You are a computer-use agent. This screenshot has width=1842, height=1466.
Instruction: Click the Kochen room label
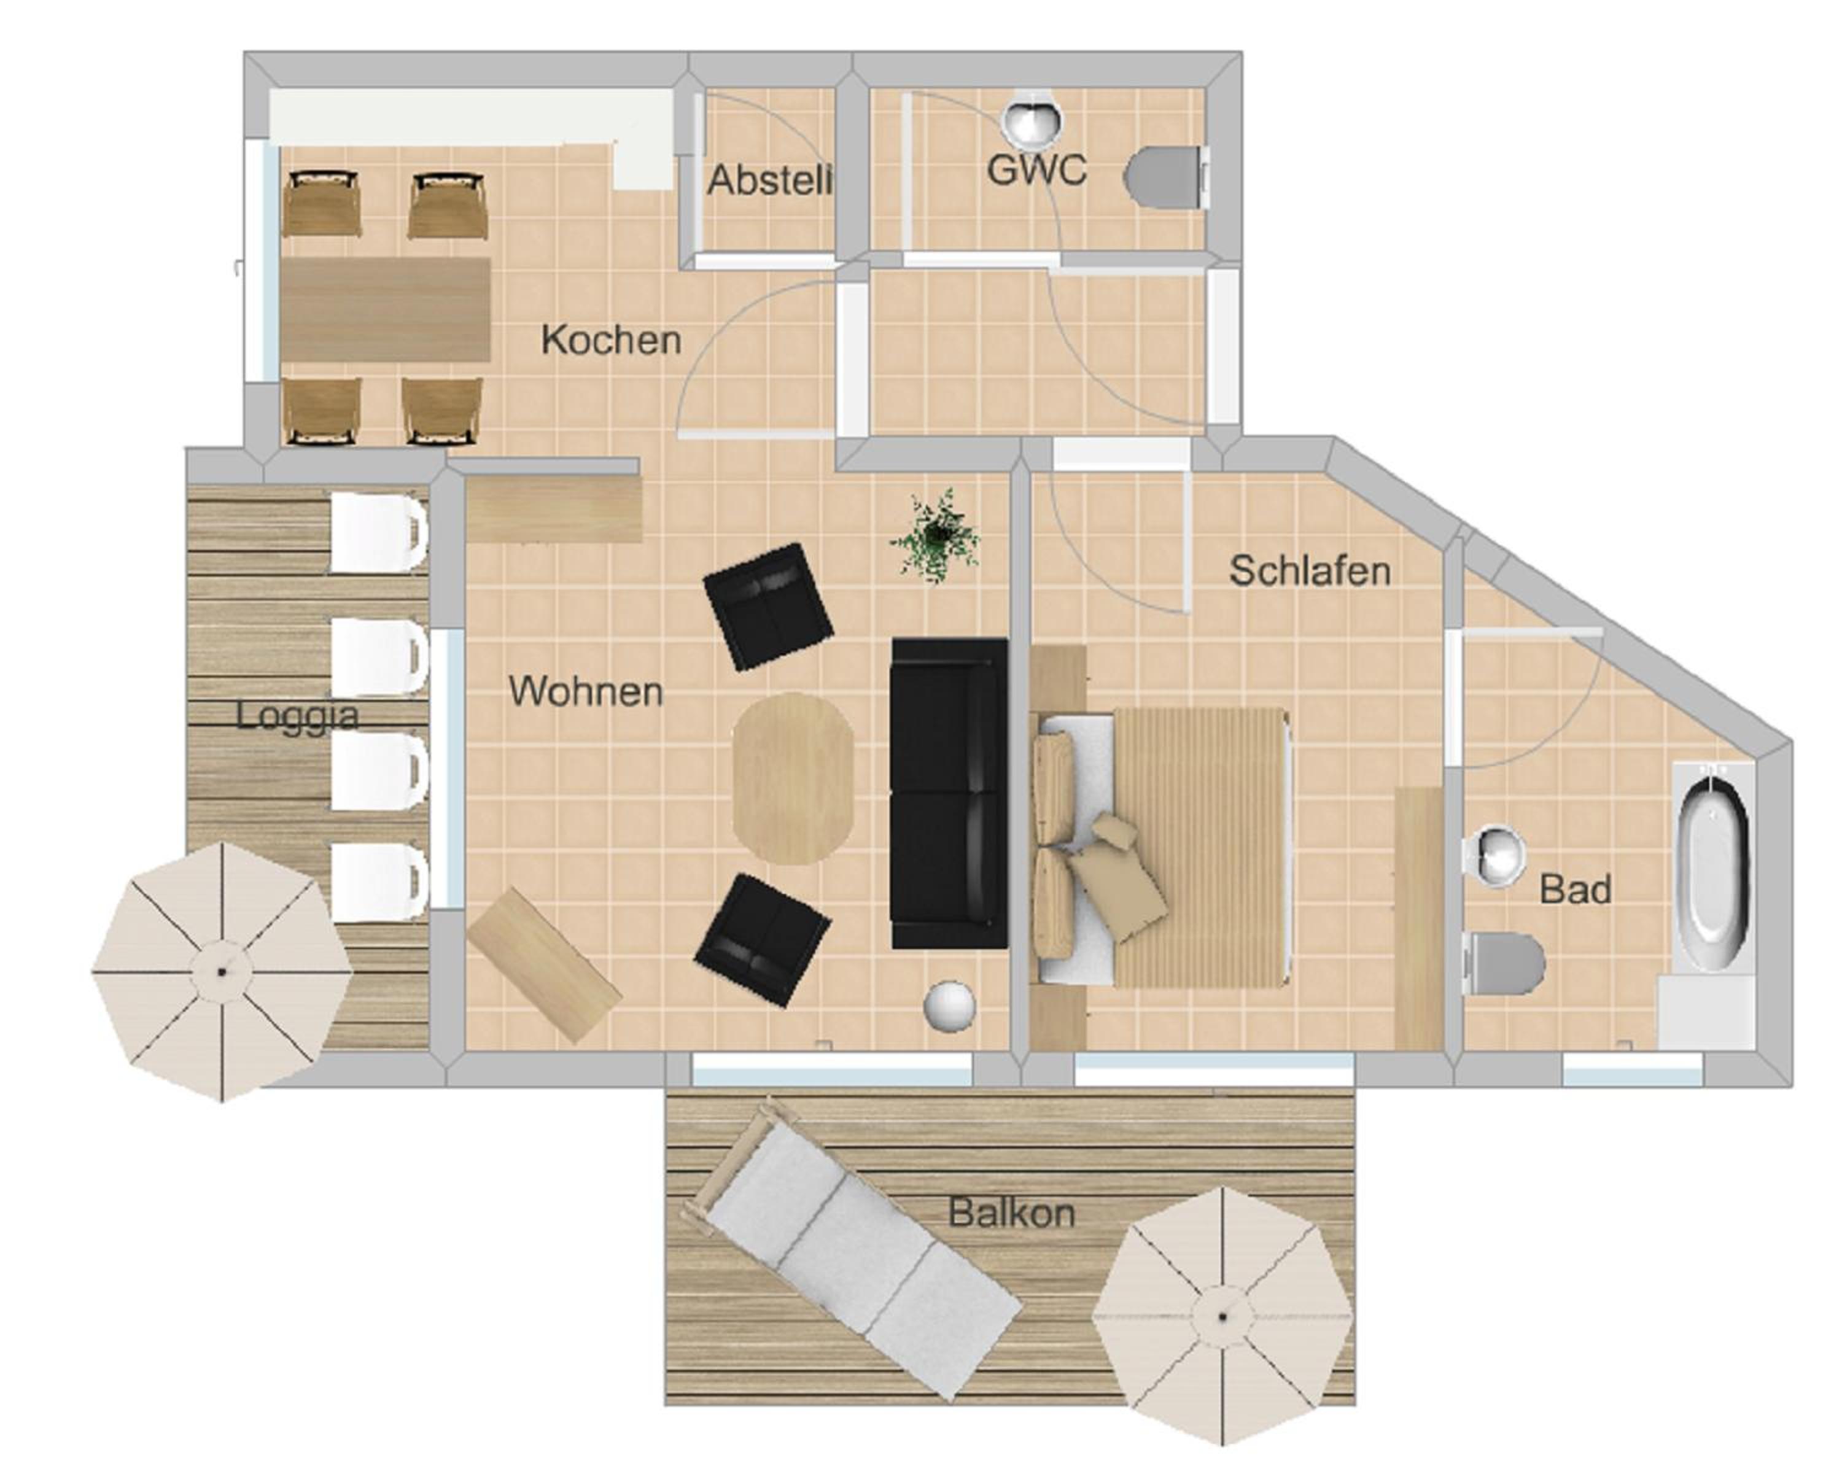[x=611, y=340]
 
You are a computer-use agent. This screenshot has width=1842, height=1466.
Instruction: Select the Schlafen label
[x=1309, y=571]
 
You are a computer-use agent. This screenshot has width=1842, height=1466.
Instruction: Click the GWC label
[x=1036, y=169]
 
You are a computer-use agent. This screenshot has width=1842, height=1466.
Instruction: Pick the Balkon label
[x=1011, y=1213]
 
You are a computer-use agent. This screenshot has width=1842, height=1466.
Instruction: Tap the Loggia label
[x=297, y=716]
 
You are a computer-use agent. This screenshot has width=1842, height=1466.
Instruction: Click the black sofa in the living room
[x=949, y=793]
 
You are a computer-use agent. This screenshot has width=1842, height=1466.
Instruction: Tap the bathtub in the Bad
[x=1713, y=867]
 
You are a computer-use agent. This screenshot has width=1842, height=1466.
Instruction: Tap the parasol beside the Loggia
[x=222, y=972]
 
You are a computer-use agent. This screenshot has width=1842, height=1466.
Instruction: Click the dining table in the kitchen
[x=386, y=309]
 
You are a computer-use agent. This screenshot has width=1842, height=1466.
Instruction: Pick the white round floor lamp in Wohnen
[x=949, y=1006]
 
